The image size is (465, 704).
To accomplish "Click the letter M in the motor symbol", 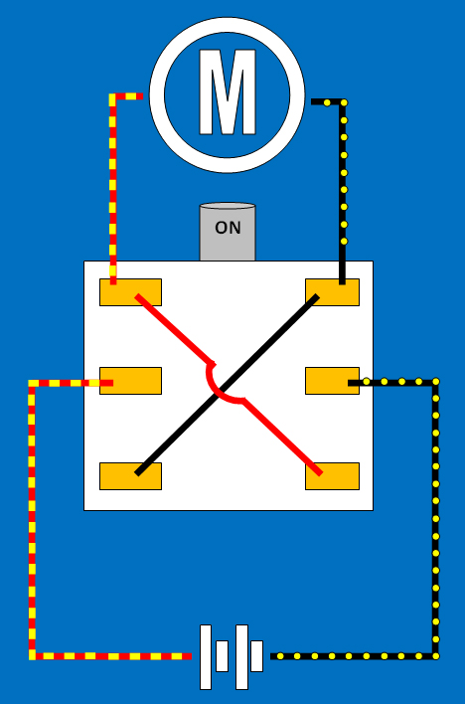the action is click(x=228, y=92).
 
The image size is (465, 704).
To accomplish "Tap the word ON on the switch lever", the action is click(x=228, y=228).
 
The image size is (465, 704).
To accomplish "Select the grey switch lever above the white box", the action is click(x=228, y=232).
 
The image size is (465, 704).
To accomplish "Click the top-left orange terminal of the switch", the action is click(x=130, y=292).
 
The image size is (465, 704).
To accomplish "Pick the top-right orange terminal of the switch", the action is click(x=332, y=292).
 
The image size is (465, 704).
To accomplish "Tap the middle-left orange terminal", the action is click(x=130, y=381).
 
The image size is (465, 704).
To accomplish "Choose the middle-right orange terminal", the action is click(x=332, y=381).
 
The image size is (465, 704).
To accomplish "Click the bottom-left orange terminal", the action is click(x=130, y=476).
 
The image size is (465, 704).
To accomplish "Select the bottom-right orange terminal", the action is click(x=332, y=476).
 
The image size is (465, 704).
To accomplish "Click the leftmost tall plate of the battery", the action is click(x=206, y=657).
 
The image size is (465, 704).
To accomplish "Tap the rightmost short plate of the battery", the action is click(x=256, y=656).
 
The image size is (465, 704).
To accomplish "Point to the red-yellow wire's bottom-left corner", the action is click(x=32, y=656).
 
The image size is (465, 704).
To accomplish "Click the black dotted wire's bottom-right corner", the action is click(x=435, y=656).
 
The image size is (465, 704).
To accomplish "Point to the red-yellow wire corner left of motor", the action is click(x=112, y=96).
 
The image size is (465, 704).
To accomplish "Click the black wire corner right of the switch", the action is click(x=435, y=382).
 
